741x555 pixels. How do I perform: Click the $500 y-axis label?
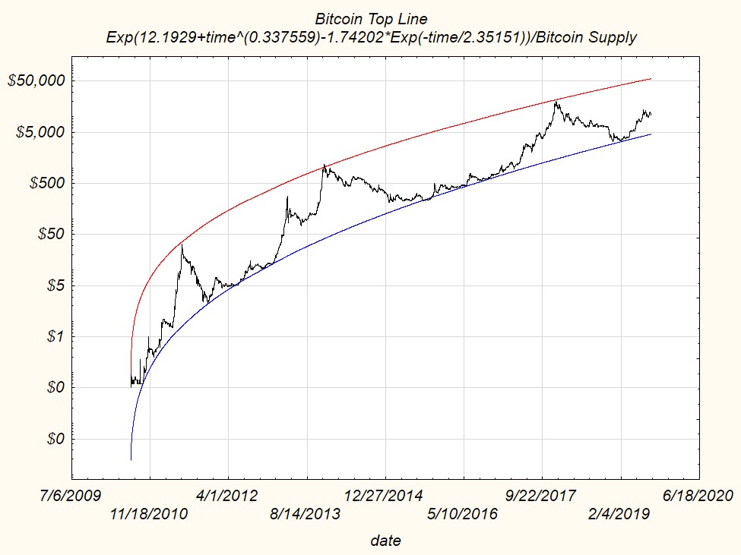[46, 183]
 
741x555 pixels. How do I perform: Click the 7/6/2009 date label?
[71, 496]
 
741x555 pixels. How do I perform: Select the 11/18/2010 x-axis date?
[149, 514]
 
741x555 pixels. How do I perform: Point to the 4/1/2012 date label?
[227, 496]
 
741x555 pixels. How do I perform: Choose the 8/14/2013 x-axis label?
[306, 514]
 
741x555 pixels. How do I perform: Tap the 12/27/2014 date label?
[385, 496]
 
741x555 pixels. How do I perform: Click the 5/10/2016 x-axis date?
[463, 514]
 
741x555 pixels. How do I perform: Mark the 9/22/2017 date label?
[541, 496]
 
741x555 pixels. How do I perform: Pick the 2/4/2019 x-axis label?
[620, 514]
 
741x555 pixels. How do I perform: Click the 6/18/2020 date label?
[698, 496]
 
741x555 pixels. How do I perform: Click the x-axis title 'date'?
[385, 541]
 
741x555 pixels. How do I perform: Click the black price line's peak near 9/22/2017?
[556, 102]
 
